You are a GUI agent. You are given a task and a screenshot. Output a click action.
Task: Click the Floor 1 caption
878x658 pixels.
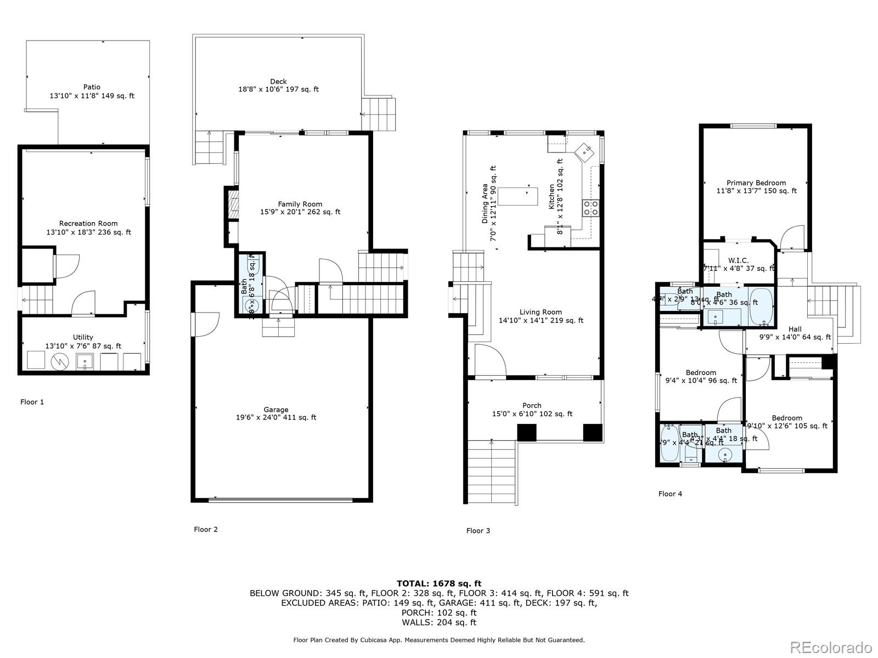click(32, 402)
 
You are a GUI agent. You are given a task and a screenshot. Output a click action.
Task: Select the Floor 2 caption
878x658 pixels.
click(206, 529)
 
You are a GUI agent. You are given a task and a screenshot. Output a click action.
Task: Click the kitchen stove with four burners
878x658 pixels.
click(590, 208)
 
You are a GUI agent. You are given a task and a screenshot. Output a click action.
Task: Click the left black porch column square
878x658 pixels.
click(526, 433)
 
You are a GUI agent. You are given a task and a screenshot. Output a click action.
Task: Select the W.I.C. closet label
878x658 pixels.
click(739, 260)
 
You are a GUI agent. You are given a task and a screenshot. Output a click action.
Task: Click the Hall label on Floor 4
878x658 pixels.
click(795, 329)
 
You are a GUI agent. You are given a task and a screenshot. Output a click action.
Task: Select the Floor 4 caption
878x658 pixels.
click(670, 493)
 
